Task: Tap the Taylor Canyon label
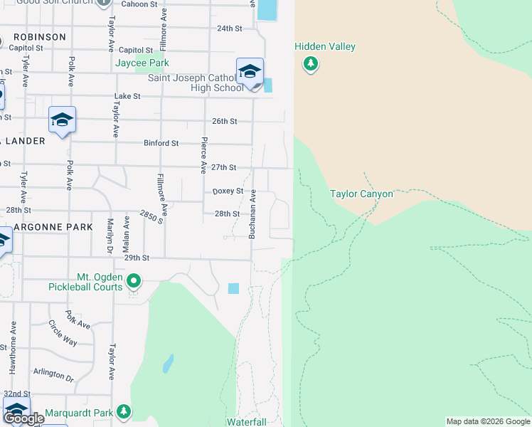click(361, 194)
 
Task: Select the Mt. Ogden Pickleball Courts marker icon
click(133, 282)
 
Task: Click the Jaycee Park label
click(142, 63)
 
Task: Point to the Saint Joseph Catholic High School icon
click(250, 72)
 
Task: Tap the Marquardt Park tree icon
click(124, 412)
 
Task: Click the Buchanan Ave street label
click(252, 214)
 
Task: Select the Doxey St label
click(228, 191)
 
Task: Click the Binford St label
click(161, 143)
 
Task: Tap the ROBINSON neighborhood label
click(39, 36)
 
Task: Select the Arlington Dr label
click(53, 375)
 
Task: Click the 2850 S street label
click(151, 217)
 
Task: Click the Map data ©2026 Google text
click(488, 421)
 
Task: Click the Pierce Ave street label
click(204, 155)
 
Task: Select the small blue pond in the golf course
click(168, 364)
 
